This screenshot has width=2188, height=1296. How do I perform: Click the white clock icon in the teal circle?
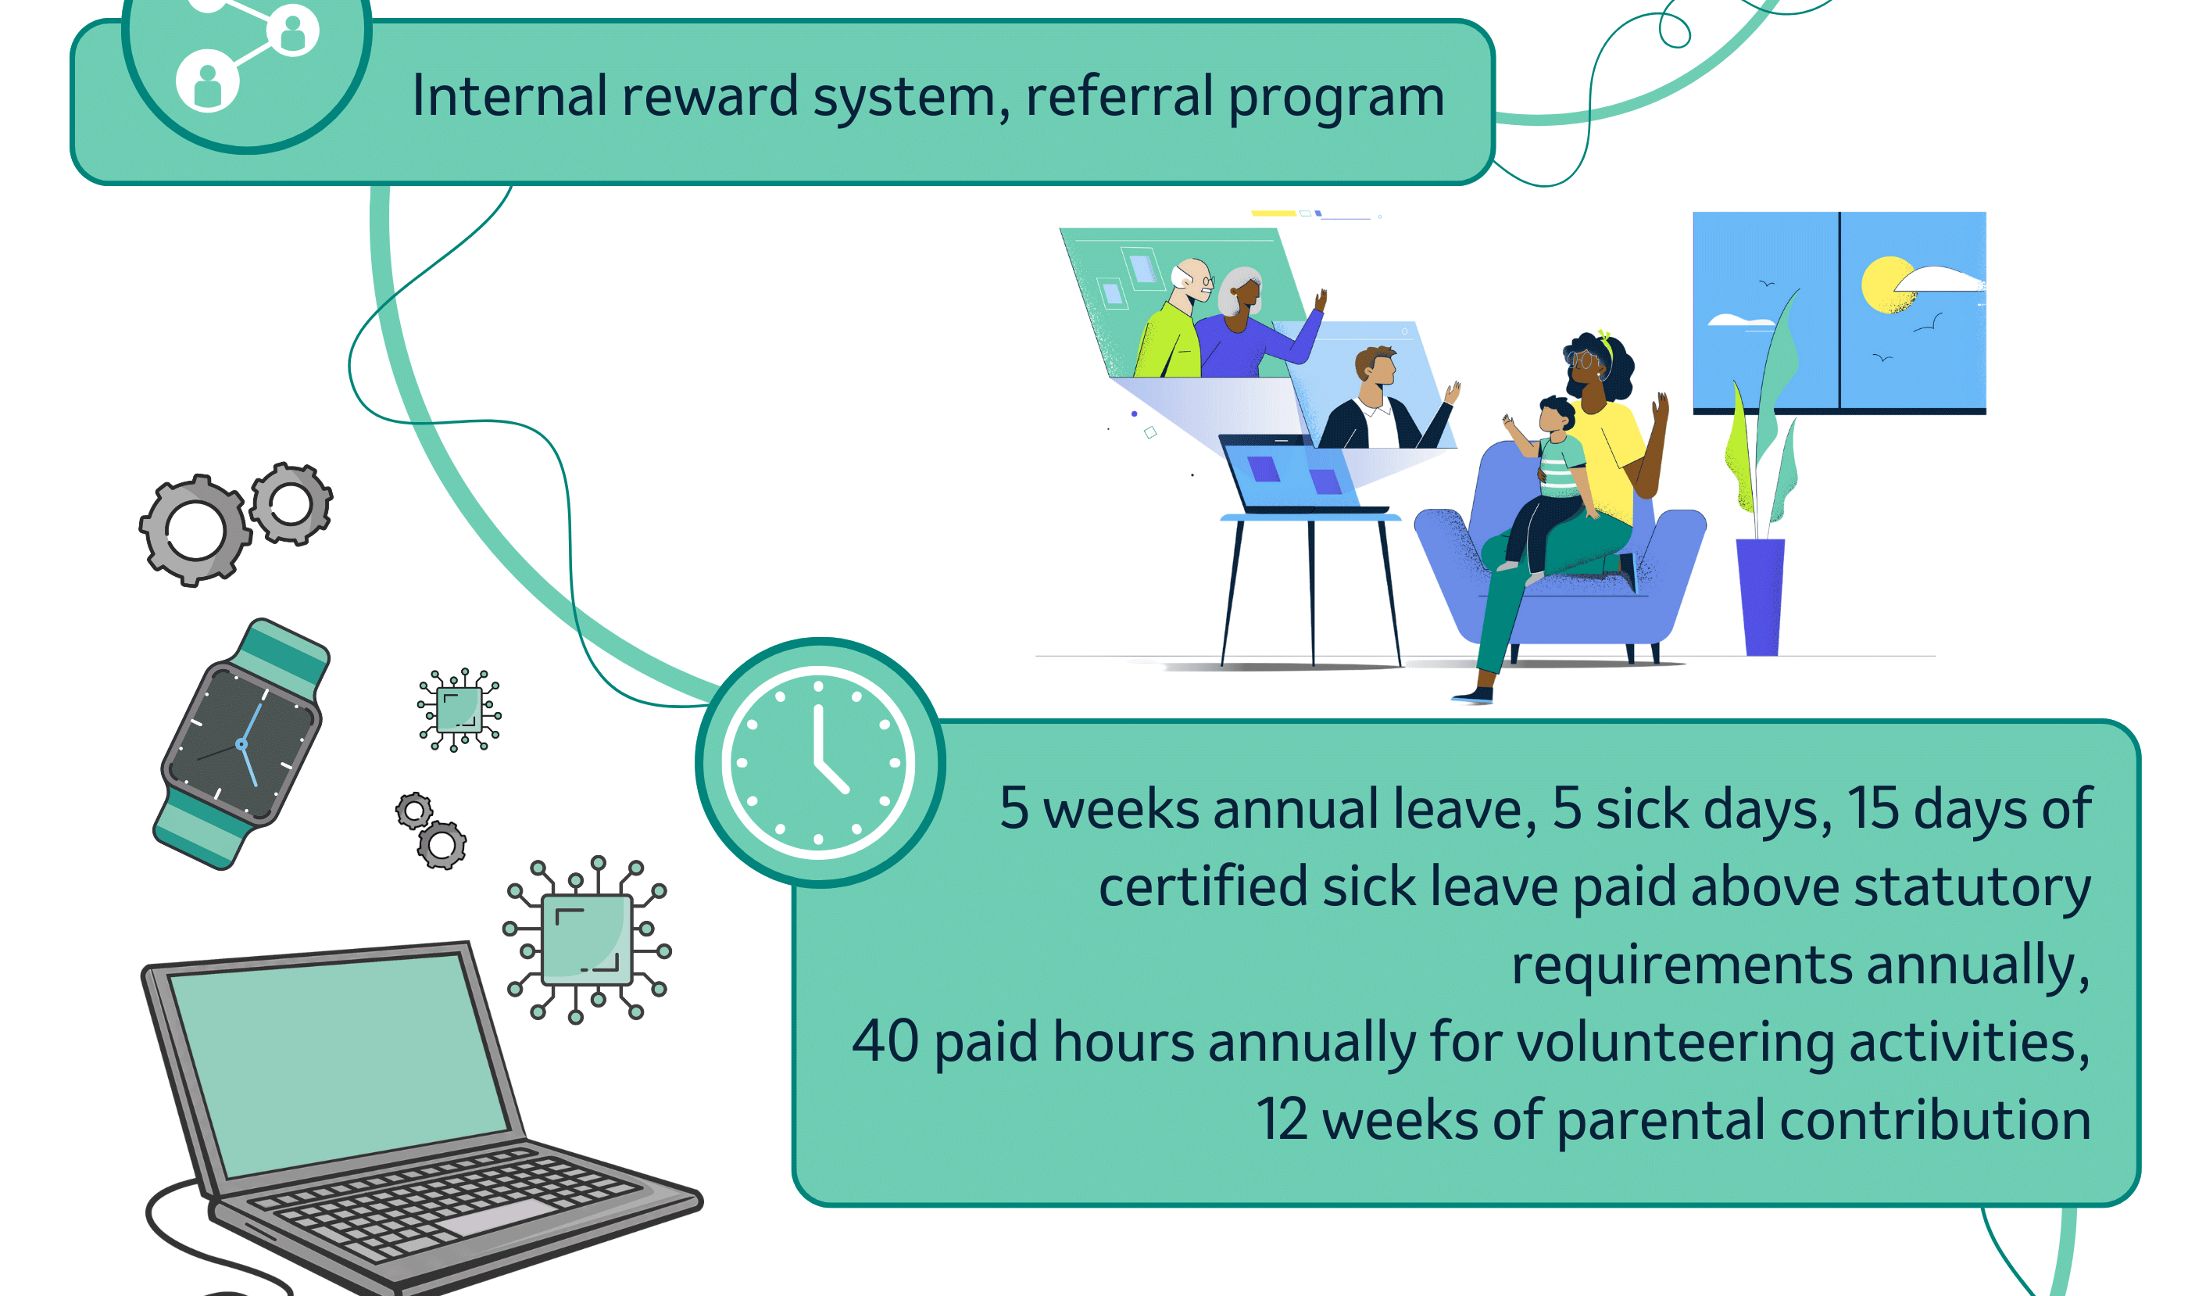click(818, 762)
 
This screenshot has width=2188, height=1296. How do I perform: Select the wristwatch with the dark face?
click(241, 744)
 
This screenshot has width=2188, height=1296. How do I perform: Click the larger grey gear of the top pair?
click(195, 530)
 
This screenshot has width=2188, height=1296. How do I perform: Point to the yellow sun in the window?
click(1888, 285)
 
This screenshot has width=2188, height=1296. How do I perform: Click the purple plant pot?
click(1761, 596)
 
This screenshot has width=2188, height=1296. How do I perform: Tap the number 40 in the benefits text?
click(885, 1041)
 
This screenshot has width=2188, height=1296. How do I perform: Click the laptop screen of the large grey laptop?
click(339, 1065)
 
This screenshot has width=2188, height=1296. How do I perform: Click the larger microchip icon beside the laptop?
click(587, 940)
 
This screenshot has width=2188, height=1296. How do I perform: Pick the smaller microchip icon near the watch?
click(459, 709)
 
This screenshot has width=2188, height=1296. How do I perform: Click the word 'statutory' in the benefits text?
click(1972, 888)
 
